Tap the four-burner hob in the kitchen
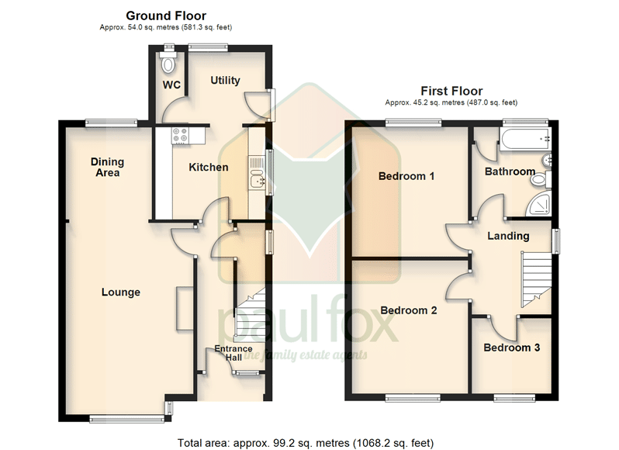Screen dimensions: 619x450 tap(180, 135)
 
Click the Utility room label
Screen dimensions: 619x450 tap(225, 81)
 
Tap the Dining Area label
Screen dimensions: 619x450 tap(107, 167)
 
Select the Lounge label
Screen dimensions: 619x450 tap(121, 292)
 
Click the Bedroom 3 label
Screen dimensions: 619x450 tap(512, 348)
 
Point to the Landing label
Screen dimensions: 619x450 tap(508, 236)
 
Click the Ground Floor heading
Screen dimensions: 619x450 tap(166, 16)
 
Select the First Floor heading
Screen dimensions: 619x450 tap(451, 92)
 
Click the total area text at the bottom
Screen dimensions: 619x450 tap(306, 443)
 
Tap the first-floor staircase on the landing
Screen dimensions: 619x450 tap(536, 279)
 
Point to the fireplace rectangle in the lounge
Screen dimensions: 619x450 tap(185, 308)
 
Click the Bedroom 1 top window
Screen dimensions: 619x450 tap(413, 123)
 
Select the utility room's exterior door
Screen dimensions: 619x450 tap(258, 104)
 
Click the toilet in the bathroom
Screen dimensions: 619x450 tap(541, 180)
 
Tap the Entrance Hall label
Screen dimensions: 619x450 tap(233, 353)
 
